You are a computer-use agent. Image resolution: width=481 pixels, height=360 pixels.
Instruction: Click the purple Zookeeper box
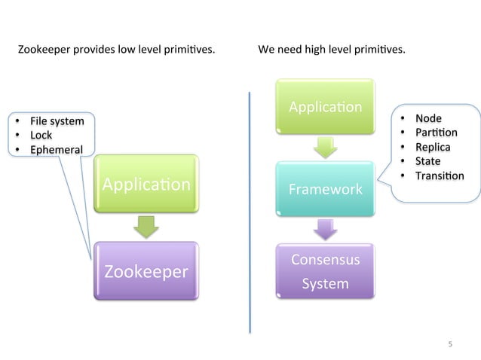[146, 271]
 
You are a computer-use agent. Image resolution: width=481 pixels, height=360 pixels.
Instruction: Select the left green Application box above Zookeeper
[146, 185]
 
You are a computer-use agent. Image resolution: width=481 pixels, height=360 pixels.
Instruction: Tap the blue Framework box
[324, 188]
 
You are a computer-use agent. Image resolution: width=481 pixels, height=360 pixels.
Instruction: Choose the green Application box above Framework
[325, 107]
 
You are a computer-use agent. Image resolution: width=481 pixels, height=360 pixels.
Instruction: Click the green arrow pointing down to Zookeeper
[146, 224]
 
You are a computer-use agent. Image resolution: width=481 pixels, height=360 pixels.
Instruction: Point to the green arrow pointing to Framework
[325, 147]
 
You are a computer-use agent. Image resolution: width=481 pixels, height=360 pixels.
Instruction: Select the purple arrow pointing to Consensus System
[325, 229]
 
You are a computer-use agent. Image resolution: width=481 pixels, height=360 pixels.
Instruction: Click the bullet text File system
[57, 121]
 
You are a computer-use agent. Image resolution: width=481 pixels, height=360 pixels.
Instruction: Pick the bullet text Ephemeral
[56, 149]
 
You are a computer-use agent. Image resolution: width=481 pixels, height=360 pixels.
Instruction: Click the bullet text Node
[428, 118]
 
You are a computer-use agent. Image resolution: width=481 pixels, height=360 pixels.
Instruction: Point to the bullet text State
[427, 161]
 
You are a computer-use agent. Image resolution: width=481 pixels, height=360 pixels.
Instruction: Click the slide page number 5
[450, 344]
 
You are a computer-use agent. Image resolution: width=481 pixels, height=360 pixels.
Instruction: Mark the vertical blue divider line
[250, 211]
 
